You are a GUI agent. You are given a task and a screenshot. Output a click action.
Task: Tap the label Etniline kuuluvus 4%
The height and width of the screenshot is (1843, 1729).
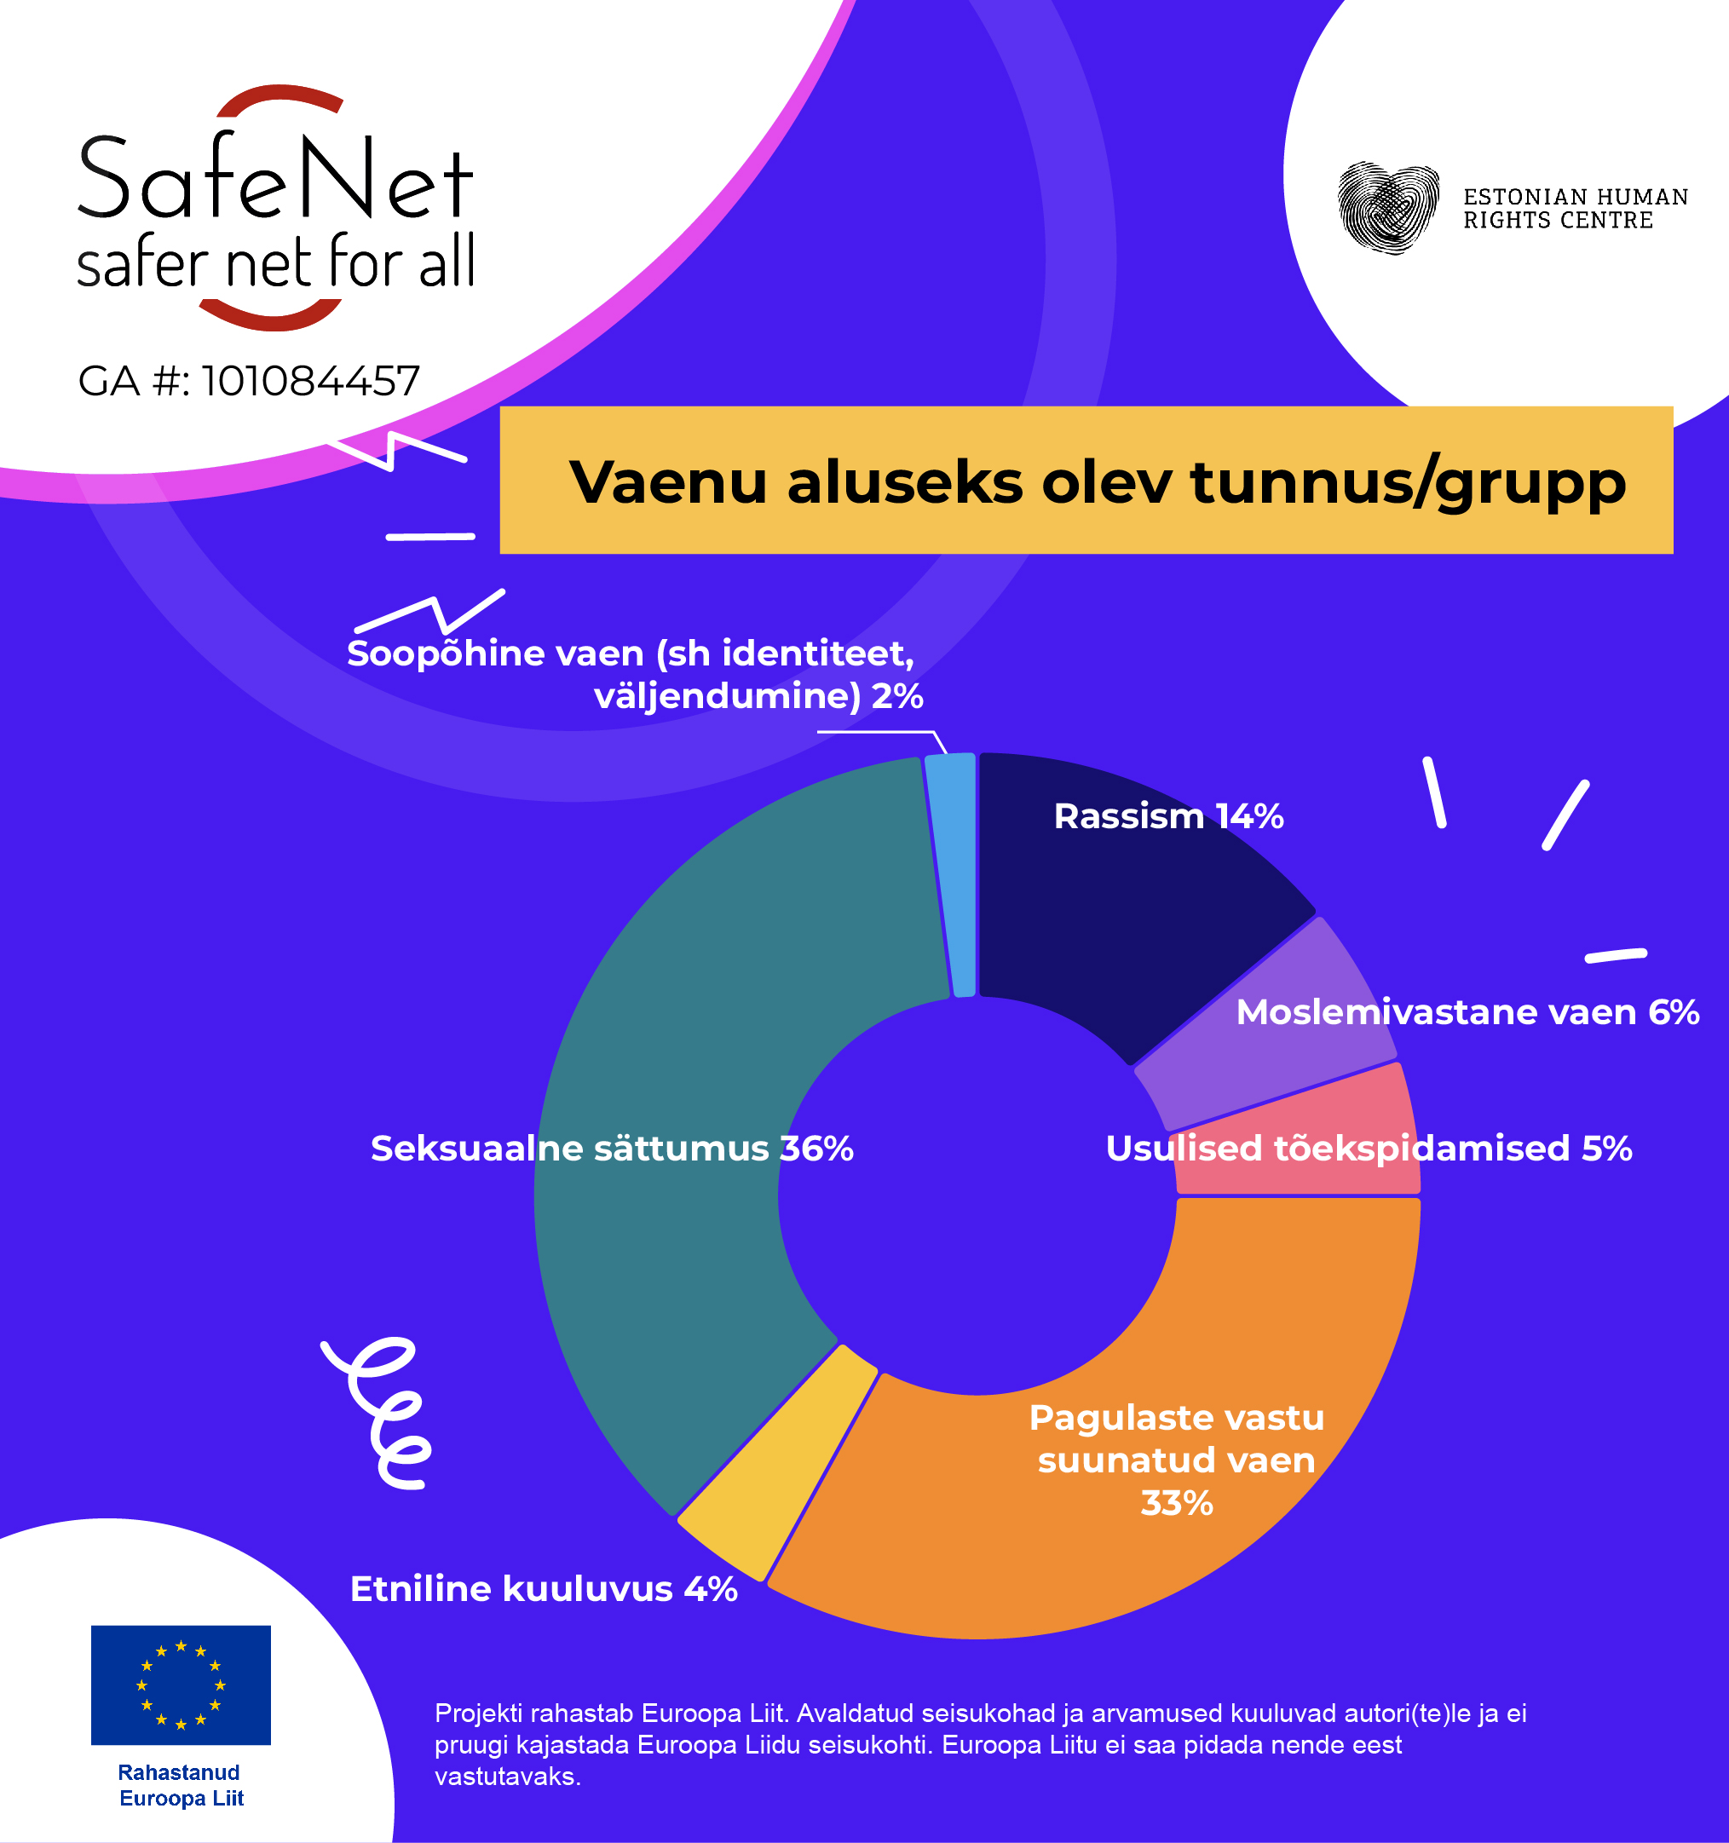[544, 1589]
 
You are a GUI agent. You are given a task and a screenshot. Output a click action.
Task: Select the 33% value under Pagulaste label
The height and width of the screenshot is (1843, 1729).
[1177, 1503]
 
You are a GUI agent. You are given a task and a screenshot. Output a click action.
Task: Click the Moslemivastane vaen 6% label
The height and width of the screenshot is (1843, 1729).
[1467, 1012]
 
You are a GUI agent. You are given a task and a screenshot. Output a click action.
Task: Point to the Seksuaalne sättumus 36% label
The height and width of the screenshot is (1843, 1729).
[612, 1149]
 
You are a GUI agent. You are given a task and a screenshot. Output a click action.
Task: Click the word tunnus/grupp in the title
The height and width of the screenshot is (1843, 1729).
[1407, 483]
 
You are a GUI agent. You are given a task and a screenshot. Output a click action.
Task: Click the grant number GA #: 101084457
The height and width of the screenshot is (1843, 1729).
[249, 381]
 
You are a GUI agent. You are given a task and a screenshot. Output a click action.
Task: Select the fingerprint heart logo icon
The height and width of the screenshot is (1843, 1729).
[1388, 208]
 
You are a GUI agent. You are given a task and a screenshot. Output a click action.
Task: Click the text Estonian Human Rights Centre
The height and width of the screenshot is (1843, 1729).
[1575, 209]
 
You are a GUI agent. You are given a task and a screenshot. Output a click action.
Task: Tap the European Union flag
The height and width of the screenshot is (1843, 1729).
[181, 1685]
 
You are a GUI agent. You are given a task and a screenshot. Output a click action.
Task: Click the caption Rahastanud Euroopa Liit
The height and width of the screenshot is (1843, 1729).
[181, 1784]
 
